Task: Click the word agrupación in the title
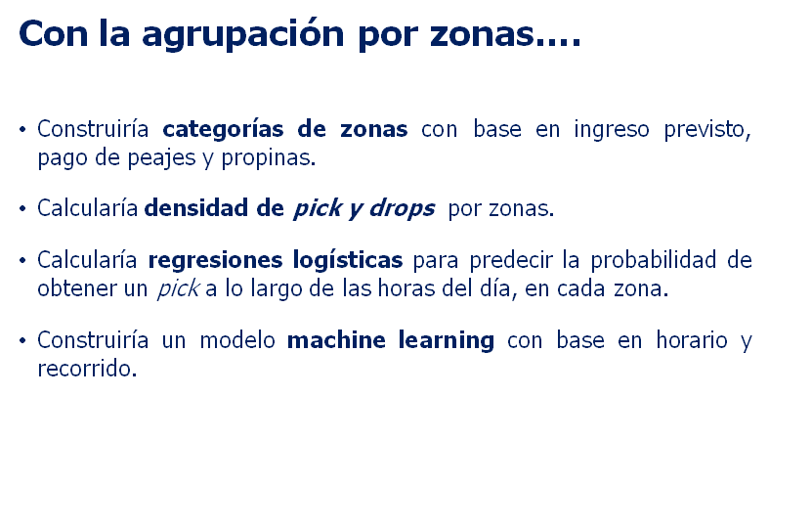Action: [243, 35]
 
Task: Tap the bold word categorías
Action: [223, 129]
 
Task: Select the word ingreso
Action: [611, 130]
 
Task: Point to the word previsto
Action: [706, 130]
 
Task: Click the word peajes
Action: [161, 158]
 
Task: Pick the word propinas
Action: [269, 158]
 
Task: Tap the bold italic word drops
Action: [402, 208]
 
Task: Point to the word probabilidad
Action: [654, 260]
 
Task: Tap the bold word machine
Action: [336, 340]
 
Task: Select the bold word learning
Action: [446, 341]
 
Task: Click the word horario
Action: [692, 340]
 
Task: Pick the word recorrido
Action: [87, 369]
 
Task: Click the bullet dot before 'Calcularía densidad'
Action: [22, 208]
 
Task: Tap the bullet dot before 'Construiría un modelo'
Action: [22, 340]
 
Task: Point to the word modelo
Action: [237, 340]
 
